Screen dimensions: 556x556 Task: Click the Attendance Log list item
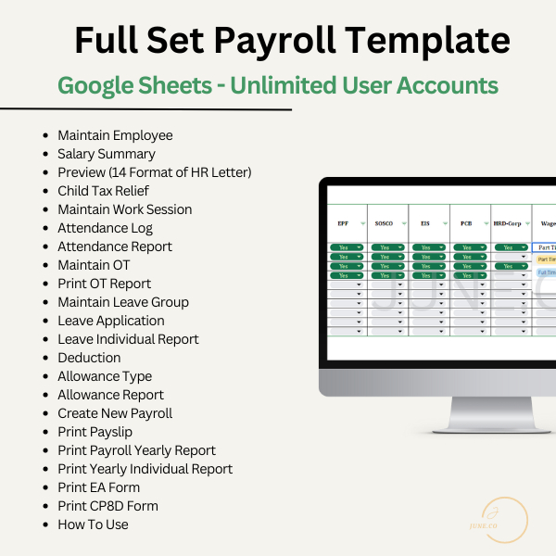105,228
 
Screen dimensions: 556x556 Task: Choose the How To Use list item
93,524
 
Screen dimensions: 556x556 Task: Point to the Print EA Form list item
98,487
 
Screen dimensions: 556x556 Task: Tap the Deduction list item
89,358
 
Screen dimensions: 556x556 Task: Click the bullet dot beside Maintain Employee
46,135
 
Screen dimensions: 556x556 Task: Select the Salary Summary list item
107,154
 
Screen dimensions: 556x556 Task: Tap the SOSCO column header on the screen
384,224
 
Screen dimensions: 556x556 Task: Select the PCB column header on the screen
467,224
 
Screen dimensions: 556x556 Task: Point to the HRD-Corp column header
509,224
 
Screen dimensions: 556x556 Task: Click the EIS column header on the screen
425,224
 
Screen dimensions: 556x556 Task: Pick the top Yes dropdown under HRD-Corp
512,247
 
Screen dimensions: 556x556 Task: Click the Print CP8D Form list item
107,506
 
